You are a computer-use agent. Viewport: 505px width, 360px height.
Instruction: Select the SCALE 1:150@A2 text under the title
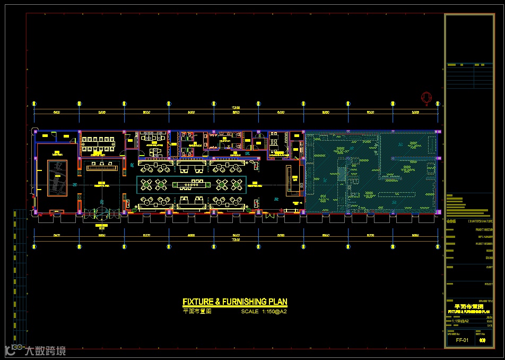tap(264, 312)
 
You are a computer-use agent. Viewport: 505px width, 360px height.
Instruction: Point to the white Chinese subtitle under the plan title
tap(197, 312)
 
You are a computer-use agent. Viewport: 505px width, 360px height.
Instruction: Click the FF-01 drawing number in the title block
tap(463, 340)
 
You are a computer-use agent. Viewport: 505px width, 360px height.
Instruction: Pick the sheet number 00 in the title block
tap(482, 340)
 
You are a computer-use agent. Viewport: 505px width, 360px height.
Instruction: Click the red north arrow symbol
tap(425, 97)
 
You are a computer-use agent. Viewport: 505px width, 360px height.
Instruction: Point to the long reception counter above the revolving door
tap(102, 168)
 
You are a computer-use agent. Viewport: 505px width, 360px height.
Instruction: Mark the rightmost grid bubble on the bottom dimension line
tap(438, 246)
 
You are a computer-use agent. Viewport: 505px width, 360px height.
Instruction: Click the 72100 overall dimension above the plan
tap(236, 108)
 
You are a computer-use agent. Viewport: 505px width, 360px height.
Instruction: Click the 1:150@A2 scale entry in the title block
tap(457, 321)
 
